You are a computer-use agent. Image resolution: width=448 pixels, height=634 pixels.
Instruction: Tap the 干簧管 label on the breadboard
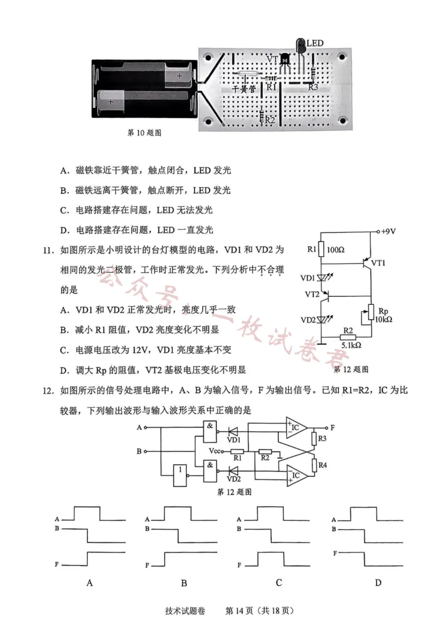click(x=244, y=88)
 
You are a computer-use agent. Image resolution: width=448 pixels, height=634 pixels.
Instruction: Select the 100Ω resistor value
click(x=335, y=249)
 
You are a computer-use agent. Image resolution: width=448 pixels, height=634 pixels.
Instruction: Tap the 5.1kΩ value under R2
click(x=351, y=346)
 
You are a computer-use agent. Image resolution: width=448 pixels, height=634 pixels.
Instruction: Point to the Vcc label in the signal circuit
click(x=214, y=451)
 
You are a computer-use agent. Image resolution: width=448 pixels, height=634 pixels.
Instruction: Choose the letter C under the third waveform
click(x=278, y=582)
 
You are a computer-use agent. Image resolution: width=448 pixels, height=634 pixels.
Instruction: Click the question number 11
click(x=51, y=249)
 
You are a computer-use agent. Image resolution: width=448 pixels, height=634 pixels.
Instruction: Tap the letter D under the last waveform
click(x=378, y=582)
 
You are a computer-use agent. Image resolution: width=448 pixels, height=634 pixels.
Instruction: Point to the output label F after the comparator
click(x=333, y=427)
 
